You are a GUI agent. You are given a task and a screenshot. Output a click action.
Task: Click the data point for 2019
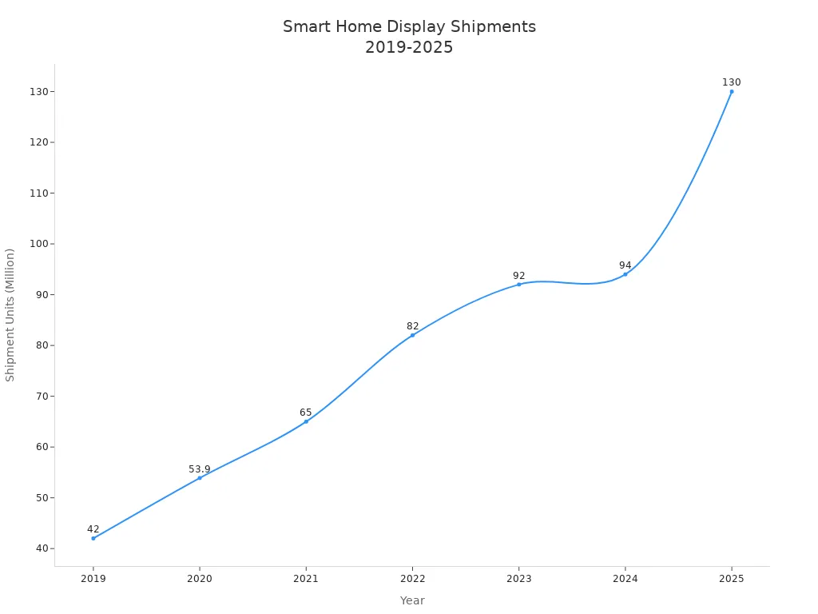pos(93,538)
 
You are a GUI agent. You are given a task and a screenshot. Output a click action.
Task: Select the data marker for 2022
pos(412,335)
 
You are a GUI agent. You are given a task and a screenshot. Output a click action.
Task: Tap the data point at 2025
pos(731,91)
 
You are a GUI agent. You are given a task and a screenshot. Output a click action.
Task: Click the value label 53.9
pos(200,469)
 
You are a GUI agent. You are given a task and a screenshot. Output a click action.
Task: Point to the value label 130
pos(731,82)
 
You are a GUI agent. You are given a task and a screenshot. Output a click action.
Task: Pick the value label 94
pos(625,265)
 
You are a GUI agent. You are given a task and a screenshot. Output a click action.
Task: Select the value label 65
pos(306,413)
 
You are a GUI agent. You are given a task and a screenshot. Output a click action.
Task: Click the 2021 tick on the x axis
pos(306,579)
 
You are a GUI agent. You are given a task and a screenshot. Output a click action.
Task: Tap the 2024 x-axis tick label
pos(625,579)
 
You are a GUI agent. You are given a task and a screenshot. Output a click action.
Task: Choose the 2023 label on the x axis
pos(518,579)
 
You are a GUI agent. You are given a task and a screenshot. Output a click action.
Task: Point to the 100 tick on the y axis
pos(38,244)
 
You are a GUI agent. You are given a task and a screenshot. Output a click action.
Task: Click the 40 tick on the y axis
pos(41,548)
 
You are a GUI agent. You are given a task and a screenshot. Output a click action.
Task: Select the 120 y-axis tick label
pos(38,142)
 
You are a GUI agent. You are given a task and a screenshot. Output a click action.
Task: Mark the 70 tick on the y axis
pos(41,396)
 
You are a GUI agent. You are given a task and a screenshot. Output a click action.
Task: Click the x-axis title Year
pos(412,600)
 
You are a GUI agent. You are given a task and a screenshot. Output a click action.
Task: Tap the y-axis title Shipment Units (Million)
pos(10,315)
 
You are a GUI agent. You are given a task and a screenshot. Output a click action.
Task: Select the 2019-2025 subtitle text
pos(409,47)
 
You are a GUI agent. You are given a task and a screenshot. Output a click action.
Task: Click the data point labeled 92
pos(518,285)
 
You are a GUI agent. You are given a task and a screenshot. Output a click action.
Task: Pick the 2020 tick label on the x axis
pos(200,579)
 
